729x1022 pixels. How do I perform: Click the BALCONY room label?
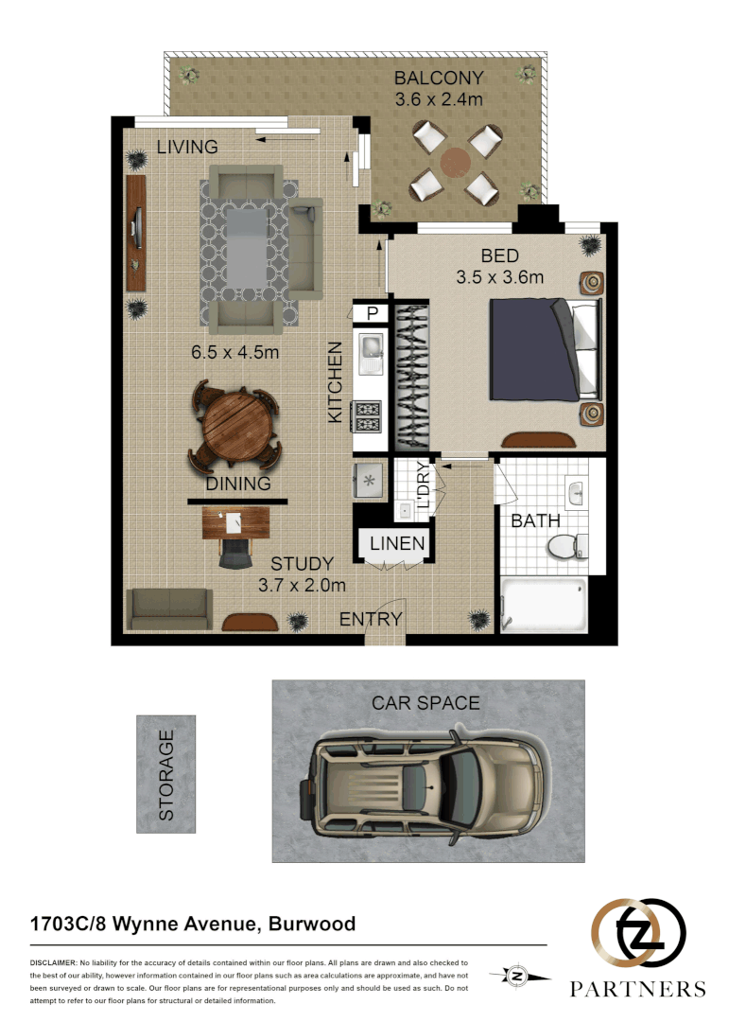click(439, 78)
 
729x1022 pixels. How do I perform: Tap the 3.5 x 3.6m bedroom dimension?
click(499, 277)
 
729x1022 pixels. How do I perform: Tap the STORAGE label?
click(166, 774)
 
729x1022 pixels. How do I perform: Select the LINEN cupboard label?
click(396, 544)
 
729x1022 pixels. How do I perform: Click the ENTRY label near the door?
click(371, 619)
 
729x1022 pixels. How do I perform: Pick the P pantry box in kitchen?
click(372, 313)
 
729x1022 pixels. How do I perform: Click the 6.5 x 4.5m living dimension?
click(235, 352)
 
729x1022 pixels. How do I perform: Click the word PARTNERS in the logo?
click(637, 989)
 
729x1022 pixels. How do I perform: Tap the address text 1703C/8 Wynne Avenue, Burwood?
click(194, 924)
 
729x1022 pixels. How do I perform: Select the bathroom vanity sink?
click(578, 490)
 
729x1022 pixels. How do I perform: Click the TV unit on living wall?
click(136, 233)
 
